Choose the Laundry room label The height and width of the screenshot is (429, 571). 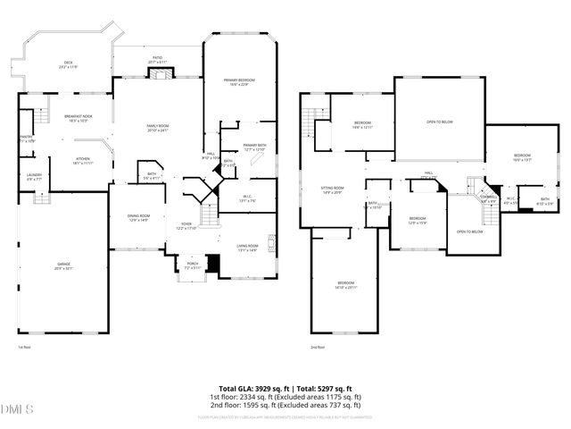[x=34, y=177]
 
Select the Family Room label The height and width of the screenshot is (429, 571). [x=157, y=128]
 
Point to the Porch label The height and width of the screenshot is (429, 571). [x=192, y=265]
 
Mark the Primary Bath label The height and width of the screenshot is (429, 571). [x=254, y=147]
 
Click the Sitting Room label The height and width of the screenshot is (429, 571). [x=332, y=190]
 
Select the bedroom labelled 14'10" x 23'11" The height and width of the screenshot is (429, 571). [x=345, y=284]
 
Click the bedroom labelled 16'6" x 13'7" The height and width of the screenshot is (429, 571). [x=522, y=158]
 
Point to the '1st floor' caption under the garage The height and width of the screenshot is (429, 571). [x=24, y=347]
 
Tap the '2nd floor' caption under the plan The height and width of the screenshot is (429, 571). [x=317, y=347]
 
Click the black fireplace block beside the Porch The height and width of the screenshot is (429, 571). [x=211, y=263]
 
